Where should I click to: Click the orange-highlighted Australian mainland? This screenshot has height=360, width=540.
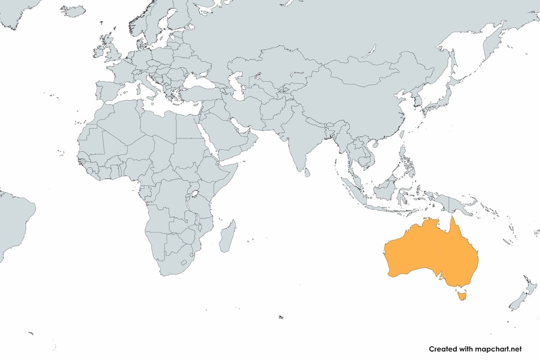point(426,254)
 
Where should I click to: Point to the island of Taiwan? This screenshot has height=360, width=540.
point(402,135)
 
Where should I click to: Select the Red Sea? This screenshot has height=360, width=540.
point(206,140)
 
